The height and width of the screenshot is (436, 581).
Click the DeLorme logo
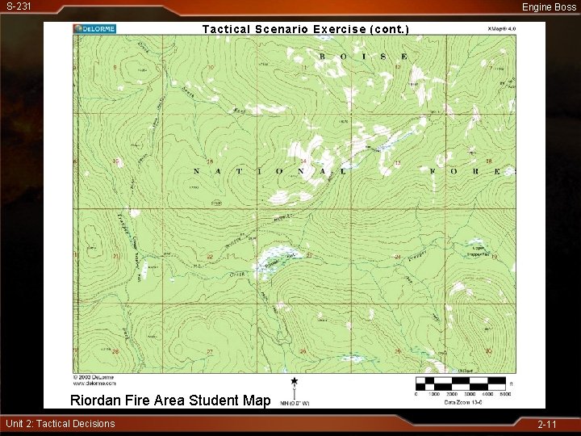(94, 28)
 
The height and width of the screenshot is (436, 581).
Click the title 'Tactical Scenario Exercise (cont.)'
(306, 29)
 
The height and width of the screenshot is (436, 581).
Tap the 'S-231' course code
(19, 6)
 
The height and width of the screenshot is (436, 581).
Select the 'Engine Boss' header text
(549, 6)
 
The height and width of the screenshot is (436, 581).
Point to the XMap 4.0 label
(500, 28)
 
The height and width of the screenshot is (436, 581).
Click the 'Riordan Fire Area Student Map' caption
(170, 400)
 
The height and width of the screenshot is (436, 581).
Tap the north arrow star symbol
(295, 381)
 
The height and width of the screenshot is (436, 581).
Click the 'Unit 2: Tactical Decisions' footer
(61, 424)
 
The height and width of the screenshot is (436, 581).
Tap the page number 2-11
(548, 424)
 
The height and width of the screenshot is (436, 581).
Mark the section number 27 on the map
(210, 351)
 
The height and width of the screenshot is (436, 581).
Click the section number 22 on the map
(210, 257)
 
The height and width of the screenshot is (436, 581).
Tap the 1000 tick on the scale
(434, 394)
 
